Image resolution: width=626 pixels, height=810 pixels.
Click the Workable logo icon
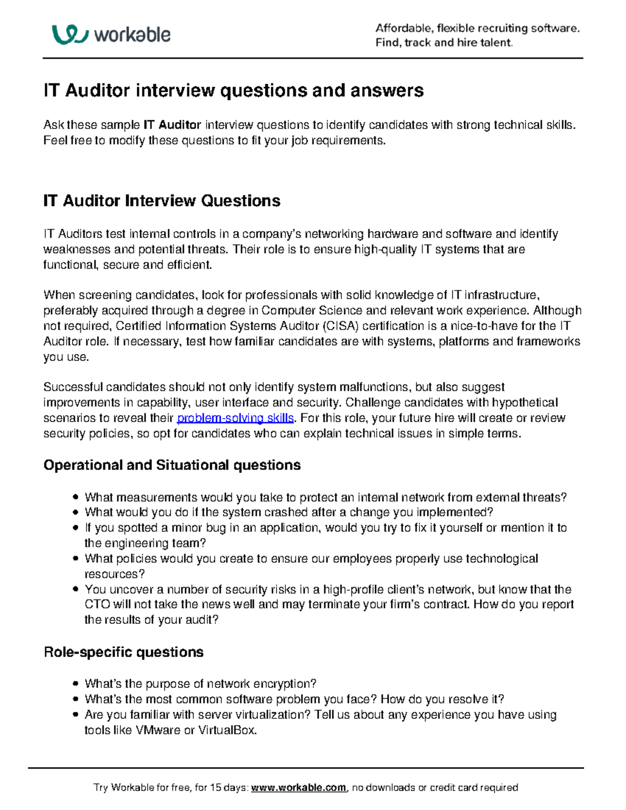pos(69,34)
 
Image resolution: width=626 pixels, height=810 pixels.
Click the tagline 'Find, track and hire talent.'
pos(444,43)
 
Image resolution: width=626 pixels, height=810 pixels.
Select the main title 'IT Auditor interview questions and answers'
pos(233,91)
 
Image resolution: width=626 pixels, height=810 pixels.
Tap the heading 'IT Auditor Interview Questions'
pos(162,201)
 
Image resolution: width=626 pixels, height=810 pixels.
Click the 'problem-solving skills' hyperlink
pos(236,418)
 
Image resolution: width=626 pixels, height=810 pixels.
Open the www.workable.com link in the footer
pos(298,787)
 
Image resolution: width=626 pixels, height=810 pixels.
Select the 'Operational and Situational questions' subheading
pos(172,465)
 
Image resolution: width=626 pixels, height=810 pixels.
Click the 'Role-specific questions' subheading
pos(123,652)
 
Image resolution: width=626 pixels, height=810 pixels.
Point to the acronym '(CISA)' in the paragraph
pos(341,326)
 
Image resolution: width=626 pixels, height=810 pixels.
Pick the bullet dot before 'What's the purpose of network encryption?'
pos(76,684)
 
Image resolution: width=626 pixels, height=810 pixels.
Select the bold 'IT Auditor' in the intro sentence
pos(172,125)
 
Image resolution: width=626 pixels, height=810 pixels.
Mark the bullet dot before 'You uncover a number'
pos(76,589)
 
